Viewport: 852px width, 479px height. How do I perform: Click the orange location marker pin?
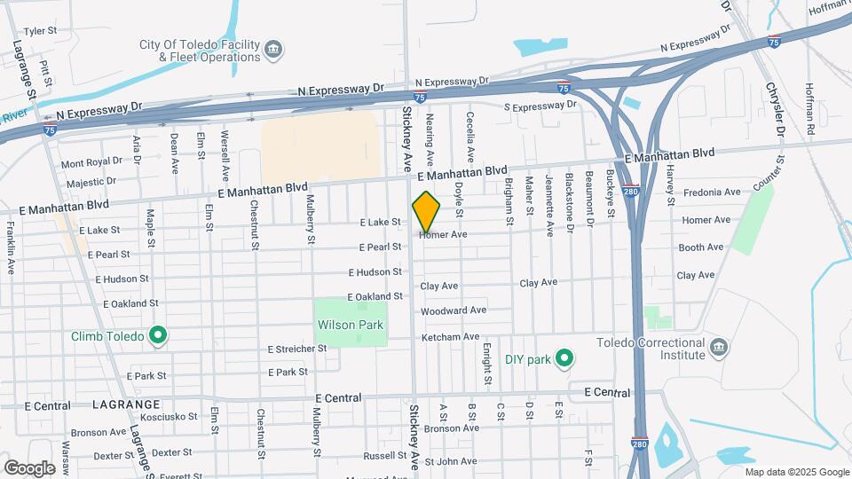click(426, 211)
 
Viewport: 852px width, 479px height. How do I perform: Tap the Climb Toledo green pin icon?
click(158, 335)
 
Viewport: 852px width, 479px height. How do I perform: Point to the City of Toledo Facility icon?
click(273, 48)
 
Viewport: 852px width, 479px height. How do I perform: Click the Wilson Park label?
click(351, 325)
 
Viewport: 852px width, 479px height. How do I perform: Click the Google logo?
click(29, 467)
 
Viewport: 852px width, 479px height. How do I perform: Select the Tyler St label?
click(40, 30)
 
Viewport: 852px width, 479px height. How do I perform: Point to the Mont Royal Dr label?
click(91, 162)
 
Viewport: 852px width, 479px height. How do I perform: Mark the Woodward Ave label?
click(454, 311)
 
